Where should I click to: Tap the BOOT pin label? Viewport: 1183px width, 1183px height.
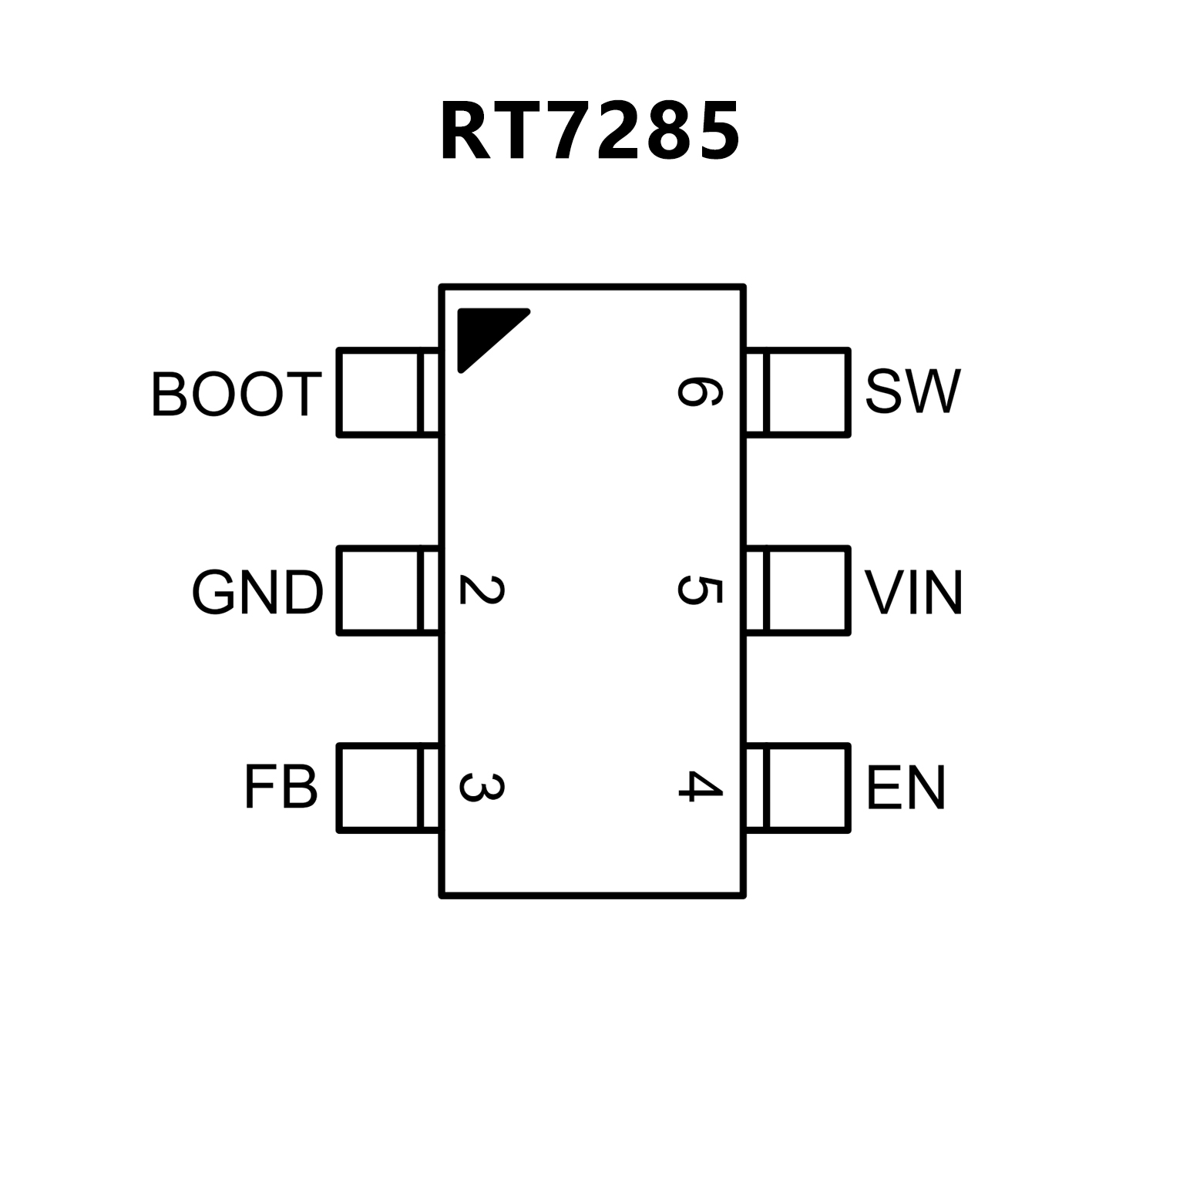(x=236, y=395)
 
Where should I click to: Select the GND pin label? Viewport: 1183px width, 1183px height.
(x=257, y=593)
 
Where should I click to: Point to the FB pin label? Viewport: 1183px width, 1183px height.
(x=281, y=788)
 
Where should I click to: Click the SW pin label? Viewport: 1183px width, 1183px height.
(x=912, y=392)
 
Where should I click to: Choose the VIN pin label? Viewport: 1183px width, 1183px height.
(x=913, y=593)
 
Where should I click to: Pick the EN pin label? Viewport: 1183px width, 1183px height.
(x=906, y=788)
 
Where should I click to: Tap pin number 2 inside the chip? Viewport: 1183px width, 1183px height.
(x=482, y=590)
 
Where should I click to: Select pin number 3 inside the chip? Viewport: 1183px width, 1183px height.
(x=482, y=787)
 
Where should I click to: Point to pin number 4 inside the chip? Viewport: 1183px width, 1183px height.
(x=700, y=787)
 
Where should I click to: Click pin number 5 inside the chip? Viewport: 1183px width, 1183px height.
(x=700, y=590)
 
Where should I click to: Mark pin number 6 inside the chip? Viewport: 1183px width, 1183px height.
(x=700, y=392)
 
